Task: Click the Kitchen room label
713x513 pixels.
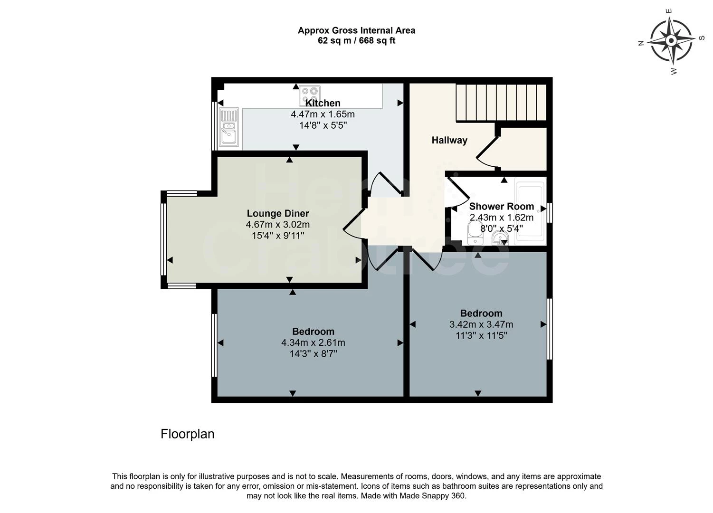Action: tap(323, 103)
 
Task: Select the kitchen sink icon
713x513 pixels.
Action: tap(229, 127)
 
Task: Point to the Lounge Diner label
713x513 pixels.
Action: tap(278, 214)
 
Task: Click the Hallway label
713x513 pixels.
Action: tap(449, 140)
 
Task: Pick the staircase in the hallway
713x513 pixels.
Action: tap(501, 102)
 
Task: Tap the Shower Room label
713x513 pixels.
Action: tap(501, 207)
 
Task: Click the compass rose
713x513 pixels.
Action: tap(671, 41)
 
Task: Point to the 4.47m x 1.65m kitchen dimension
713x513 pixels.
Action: tap(323, 114)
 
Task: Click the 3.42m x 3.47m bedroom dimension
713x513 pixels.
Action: tap(481, 325)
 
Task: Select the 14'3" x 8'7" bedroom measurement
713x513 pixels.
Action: tap(313, 354)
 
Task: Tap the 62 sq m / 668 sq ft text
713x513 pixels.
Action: tap(356, 41)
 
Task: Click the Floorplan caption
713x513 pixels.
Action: tap(187, 434)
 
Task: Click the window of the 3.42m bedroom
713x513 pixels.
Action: tap(550, 329)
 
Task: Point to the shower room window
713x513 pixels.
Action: tap(550, 212)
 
